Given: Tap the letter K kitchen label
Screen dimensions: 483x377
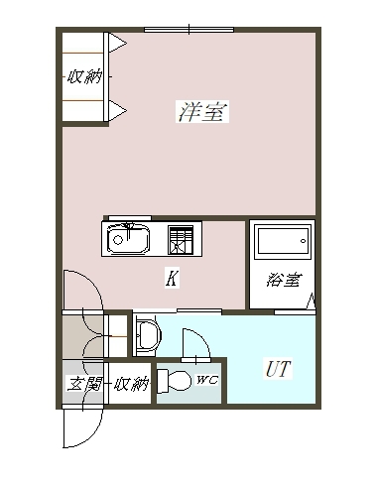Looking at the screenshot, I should (x=171, y=279).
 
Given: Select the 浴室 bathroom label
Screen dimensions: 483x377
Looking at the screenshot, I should (x=283, y=280).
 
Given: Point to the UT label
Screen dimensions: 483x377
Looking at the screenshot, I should (x=277, y=370).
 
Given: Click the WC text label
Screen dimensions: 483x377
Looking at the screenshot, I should (x=207, y=380).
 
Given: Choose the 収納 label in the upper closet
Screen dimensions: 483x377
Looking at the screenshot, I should (x=84, y=76).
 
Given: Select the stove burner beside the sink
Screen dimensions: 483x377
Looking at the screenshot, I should (x=182, y=239).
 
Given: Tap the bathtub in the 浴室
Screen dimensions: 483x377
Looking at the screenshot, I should (x=284, y=242).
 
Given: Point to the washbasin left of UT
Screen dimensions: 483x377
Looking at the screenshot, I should (x=148, y=335).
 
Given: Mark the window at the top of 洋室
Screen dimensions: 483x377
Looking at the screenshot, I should (x=188, y=29).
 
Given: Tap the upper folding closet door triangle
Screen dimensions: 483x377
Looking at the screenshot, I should (x=115, y=43).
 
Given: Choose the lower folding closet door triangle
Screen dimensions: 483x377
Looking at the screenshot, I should (x=115, y=108).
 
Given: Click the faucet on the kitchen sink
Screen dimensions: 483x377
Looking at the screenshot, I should (x=128, y=226).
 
